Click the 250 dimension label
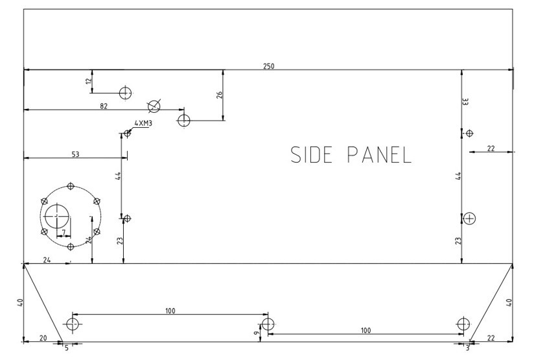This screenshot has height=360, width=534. [268, 66]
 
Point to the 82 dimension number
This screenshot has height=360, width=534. [104, 105]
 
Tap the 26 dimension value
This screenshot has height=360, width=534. [219, 95]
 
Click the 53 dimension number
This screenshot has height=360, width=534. [75, 154]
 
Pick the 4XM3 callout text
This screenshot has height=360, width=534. [143, 123]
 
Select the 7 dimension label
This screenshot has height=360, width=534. [64, 231]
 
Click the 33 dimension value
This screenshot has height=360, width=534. [465, 101]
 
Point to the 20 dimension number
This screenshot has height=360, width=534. [43, 338]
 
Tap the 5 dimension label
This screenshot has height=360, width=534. [66, 348]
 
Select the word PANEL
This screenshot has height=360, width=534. [380, 154]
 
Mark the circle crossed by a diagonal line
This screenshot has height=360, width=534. [154, 106]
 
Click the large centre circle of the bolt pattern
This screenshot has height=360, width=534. [57, 214]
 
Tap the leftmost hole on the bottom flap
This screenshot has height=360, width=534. [72, 324]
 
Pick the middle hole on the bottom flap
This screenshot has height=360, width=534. [268, 324]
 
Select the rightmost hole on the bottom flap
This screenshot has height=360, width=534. [462, 324]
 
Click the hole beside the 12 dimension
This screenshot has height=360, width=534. [126, 92]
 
